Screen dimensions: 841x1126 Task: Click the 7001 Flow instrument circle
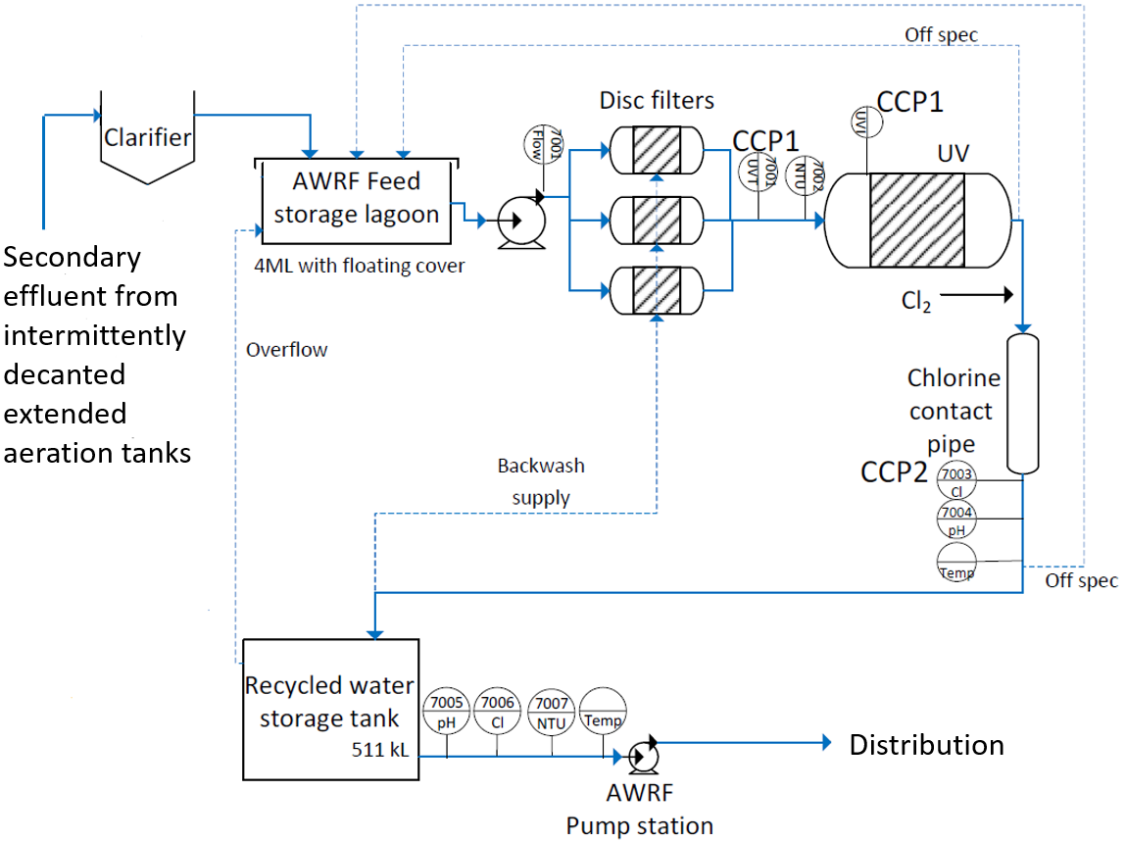click(545, 144)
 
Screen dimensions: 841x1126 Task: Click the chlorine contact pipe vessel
click(1022, 403)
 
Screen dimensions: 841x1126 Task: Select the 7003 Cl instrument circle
click(957, 481)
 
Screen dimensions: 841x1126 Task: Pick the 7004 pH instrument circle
click(957, 519)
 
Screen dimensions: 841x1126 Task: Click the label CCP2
click(894, 471)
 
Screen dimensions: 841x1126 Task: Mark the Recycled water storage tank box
click(330, 706)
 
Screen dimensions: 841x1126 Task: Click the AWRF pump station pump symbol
click(643, 756)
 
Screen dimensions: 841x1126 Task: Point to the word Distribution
click(926, 745)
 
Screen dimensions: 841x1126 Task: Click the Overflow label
click(287, 350)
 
